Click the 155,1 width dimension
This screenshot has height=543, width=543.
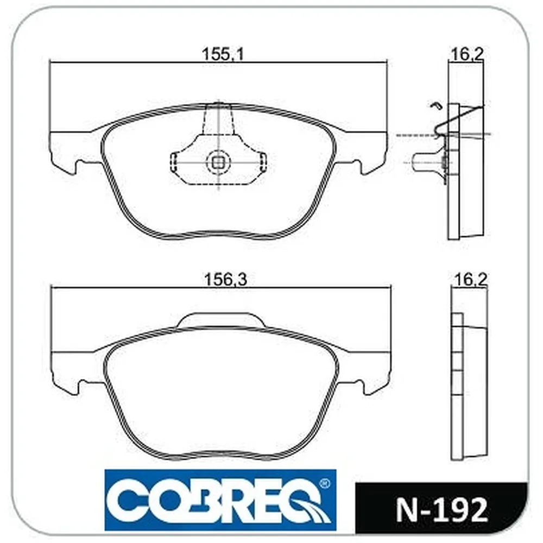coord(223,54)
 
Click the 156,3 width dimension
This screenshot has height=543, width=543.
coord(226,279)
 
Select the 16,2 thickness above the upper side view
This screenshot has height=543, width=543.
coord(467,54)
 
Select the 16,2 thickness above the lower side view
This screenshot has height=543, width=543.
coord(470,279)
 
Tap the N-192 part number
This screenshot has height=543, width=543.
coord(442,510)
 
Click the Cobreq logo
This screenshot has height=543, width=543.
coord(220,500)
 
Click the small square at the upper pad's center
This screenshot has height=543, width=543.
coord(218,162)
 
